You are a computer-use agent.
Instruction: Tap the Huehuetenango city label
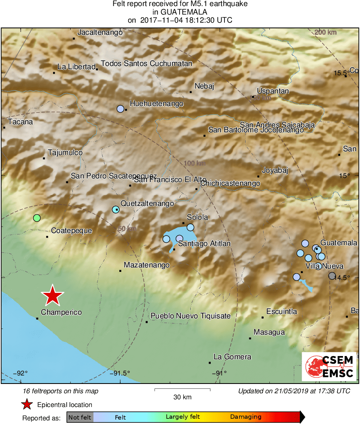156,104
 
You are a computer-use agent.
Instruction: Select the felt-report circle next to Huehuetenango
120,108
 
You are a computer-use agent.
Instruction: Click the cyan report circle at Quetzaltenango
116,209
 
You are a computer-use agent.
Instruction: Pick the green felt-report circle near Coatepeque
37,218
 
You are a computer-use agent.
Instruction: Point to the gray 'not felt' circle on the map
332,276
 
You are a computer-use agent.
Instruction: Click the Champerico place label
61,312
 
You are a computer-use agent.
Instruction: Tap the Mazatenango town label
146,265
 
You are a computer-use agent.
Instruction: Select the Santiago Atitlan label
204,244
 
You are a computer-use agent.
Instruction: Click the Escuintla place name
282,312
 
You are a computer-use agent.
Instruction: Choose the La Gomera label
232,357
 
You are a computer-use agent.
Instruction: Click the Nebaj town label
204,86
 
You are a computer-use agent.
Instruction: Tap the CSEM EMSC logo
329,367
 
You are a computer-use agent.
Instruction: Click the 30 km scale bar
182,390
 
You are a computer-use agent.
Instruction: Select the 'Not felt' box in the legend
80,417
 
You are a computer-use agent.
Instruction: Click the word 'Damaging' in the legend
246,417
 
